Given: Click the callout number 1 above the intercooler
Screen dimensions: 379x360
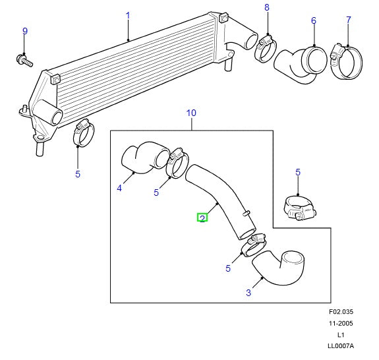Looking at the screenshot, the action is click(x=128, y=16).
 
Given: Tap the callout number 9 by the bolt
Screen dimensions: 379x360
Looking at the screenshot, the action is click(x=25, y=31).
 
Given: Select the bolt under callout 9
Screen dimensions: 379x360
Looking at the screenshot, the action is click(x=24, y=60).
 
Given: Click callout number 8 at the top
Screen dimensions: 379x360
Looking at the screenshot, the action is click(x=266, y=7).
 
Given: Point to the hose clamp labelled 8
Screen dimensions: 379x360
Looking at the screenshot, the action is click(x=265, y=49).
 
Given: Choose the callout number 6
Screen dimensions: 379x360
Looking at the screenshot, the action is click(x=314, y=20).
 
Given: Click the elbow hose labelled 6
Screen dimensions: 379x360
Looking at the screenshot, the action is click(x=301, y=65).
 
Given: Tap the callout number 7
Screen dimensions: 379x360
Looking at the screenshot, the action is click(x=348, y=20).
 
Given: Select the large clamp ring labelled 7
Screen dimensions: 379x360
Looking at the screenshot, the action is click(x=346, y=61).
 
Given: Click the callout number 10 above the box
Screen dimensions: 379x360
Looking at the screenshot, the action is click(x=191, y=113).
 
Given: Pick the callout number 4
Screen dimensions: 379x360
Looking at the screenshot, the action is click(x=119, y=188).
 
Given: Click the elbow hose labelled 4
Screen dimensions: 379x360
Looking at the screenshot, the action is click(x=145, y=158).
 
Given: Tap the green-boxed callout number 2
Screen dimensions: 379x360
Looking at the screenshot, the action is click(x=202, y=218).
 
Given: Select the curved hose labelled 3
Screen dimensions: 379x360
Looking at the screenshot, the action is click(x=278, y=267).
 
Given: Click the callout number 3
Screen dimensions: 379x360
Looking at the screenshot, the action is click(x=248, y=293).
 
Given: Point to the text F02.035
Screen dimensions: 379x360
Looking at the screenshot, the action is click(x=341, y=312).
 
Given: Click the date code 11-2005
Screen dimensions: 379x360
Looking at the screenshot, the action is click(x=341, y=323).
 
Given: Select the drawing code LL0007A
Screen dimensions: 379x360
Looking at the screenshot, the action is click(x=341, y=346).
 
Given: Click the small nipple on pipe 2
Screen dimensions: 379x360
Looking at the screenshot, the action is click(x=247, y=213).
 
